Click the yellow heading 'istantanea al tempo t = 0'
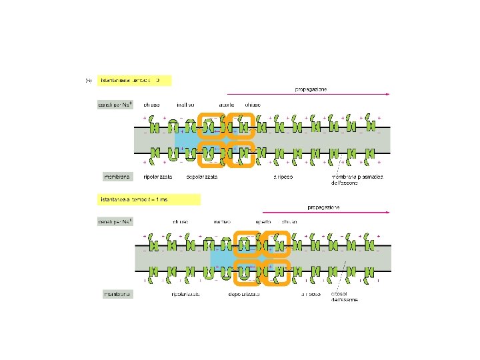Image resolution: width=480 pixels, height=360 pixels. (x=133, y=80)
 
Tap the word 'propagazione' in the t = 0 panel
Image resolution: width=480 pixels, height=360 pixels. (x=311, y=89)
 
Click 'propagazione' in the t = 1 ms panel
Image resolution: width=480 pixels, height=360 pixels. (x=323, y=207)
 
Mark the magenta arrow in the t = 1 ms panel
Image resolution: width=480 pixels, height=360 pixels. (x=320, y=213)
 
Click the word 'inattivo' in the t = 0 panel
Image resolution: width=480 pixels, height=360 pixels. (x=185, y=105)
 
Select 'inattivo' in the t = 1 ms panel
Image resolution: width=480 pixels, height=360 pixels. (x=222, y=221)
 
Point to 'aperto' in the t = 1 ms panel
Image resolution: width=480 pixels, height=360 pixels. (x=263, y=221)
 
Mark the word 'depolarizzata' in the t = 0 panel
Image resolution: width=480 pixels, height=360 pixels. (x=206, y=177)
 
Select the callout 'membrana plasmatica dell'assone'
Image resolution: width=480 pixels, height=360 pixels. (x=351, y=180)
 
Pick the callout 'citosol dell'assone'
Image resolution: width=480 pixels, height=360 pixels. (x=351, y=296)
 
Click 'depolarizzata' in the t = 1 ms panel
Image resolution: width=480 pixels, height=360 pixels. (x=243, y=293)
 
